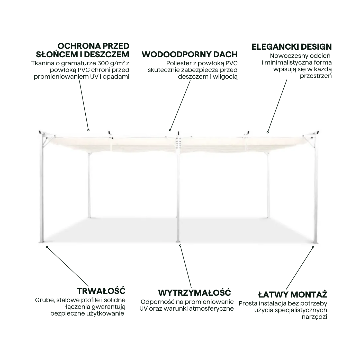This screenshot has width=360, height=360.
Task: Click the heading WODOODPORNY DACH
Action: tap(190, 55)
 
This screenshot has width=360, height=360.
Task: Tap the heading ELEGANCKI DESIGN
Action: tap(292, 47)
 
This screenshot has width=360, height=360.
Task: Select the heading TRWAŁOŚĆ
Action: tap(101, 291)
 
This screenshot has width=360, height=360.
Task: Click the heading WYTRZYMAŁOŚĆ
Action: tap(194, 293)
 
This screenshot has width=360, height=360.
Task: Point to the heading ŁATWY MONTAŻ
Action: tap(293, 295)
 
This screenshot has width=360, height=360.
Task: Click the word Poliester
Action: tap(179, 63)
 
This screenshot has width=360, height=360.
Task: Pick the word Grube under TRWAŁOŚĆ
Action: tap(45, 300)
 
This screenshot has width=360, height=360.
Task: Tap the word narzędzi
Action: tap(314, 317)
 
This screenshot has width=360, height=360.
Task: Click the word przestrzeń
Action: tap(316, 76)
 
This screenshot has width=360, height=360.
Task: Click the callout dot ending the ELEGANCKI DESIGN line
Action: tap(267, 132)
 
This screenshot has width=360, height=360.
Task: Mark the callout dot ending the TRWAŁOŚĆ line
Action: tap(47, 247)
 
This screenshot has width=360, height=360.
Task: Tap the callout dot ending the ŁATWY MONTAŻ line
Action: tap(313, 247)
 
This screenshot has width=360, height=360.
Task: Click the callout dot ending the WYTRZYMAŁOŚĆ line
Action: tap(180, 246)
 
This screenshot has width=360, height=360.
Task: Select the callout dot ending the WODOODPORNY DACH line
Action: tap(170, 130)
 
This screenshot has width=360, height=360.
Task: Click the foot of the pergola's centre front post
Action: tap(178, 241)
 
